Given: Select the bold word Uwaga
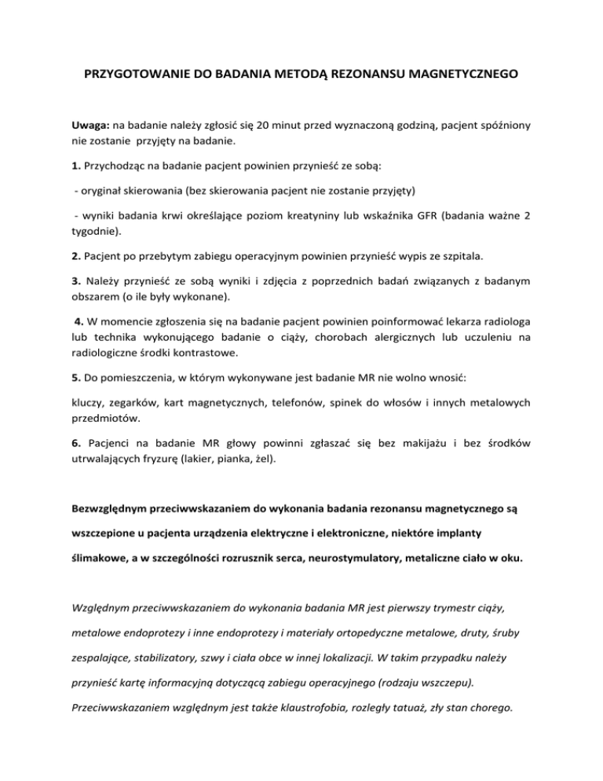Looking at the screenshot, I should point(90,124).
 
